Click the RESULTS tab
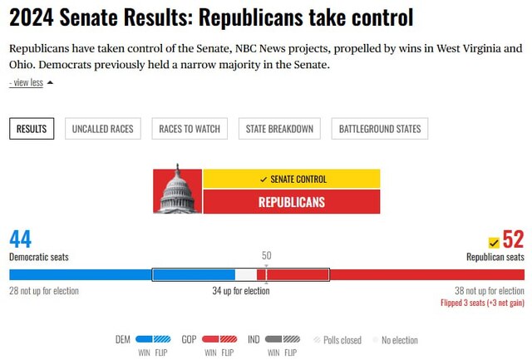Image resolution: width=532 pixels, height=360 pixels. point(32,129)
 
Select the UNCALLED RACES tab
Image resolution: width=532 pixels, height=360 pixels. point(103,129)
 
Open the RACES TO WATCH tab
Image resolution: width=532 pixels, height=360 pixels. point(190,129)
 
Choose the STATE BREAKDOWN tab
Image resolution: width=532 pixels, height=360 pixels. point(279,129)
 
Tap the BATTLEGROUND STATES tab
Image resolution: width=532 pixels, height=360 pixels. point(379,129)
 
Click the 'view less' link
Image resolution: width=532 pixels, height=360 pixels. point(27,83)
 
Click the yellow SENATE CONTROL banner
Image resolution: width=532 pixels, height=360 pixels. point(292,179)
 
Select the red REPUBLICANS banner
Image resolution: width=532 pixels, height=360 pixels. point(292,202)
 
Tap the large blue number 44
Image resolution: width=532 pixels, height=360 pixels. point(20,239)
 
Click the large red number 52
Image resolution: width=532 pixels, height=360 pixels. point(513,239)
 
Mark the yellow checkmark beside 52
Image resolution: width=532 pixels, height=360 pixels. point(494,242)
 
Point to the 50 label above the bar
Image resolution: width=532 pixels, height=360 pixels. point(266,256)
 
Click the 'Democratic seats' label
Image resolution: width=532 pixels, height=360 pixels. point(39,257)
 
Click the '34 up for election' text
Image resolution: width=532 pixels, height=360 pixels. point(241,291)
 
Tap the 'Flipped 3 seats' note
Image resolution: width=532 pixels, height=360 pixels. point(482,303)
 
